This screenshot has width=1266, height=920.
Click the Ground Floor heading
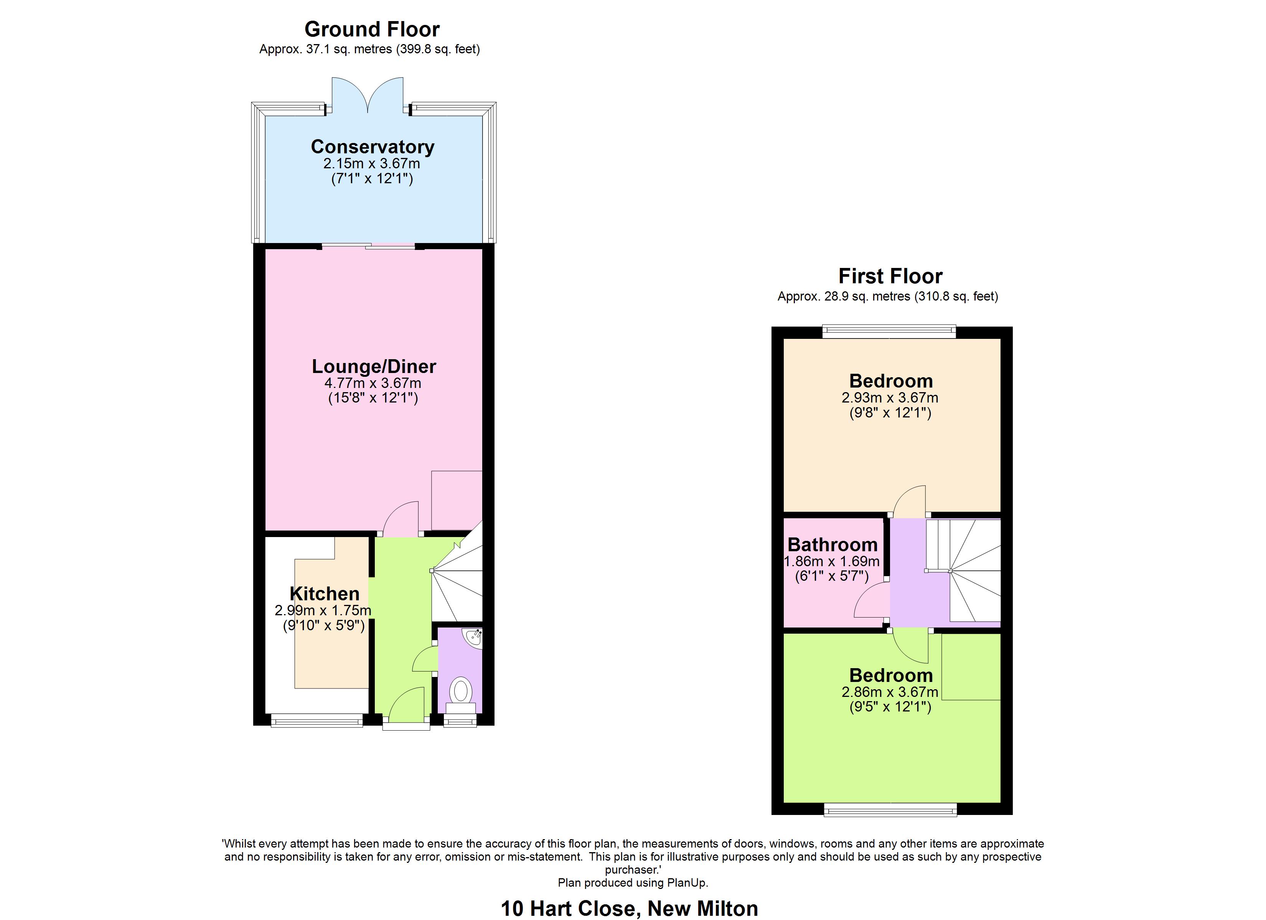click(372, 29)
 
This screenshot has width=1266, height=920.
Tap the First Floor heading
click(890, 276)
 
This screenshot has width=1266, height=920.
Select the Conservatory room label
click(373, 147)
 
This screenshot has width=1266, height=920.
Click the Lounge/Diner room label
click(373, 366)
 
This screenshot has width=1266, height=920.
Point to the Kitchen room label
click(324, 594)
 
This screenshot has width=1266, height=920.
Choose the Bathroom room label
click(832, 544)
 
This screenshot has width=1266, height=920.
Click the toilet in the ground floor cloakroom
click(460, 692)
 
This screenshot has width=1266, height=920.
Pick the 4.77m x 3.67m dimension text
click(373, 383)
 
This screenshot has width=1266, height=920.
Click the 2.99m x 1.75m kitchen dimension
click(323, 610)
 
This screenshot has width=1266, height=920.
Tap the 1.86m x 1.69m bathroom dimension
click(832, 561)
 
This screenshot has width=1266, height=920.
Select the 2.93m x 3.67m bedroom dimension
click(890, 398)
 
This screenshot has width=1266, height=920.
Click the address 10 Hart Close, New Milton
click(629, 908)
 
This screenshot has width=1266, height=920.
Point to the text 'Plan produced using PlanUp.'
click(633, 882)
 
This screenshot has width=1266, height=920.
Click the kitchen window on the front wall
click(316, 722)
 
